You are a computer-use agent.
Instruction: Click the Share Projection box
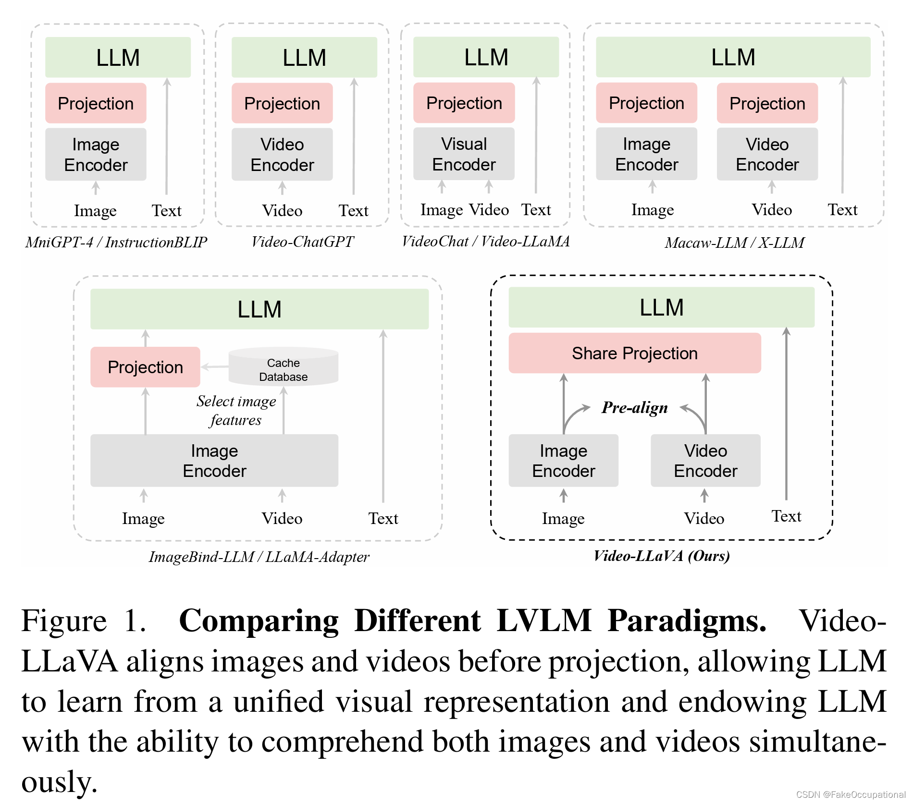coord(634,353)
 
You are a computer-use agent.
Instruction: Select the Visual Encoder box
coord(464,154)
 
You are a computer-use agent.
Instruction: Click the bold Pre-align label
coord(634,408)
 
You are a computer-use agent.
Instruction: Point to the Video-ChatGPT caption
coord(302,242)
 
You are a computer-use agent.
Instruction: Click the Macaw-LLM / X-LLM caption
coord(734,243)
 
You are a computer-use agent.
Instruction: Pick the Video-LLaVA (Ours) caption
coord(662,556)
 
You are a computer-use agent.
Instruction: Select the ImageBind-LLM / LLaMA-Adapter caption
coord(259,557)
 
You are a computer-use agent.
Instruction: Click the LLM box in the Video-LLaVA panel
coord(661,307)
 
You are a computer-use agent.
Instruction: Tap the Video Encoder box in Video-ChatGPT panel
coord(282,155)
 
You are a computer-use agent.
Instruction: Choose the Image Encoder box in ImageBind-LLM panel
coord(214,461)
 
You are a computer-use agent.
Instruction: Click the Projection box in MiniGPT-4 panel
coord(96,103)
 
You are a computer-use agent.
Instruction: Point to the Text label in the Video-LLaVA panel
coord(786,516)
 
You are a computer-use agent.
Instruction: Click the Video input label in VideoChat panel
coord(489,210)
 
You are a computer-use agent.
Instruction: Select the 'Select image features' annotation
coord(236,410)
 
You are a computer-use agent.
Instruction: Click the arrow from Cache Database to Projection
coord(214,367)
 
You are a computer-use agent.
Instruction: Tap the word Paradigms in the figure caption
coord(687,621)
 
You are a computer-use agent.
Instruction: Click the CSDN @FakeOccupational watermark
coord(851,794)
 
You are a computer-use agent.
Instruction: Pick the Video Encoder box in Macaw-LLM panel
coord(767,154)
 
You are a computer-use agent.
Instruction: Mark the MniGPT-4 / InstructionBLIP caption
coord(116,242)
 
